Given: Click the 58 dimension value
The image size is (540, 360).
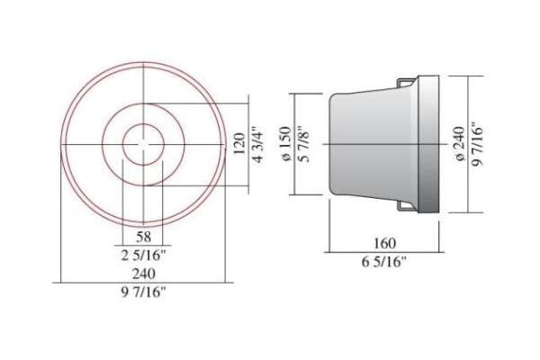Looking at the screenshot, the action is click(144, 237).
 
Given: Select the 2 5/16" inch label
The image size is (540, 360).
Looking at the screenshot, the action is click(144, 256).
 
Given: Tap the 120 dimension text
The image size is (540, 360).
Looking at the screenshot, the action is click(239, 144).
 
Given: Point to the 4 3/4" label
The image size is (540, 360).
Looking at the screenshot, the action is click(258, 146).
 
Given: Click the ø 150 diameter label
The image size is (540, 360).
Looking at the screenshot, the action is click(286, 144).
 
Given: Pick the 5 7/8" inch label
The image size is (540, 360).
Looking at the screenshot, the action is click(304, 146).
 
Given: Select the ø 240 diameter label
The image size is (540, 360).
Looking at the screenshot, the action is click(460, 144).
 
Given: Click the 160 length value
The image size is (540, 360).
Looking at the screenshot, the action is click(384, 244).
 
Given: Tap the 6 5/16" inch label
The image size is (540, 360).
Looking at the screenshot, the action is click(384, 262).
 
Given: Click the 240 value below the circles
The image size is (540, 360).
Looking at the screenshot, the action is click(144, 274).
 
